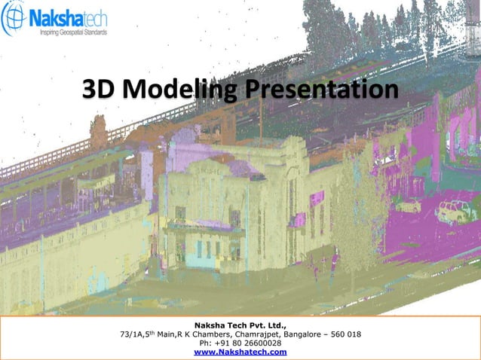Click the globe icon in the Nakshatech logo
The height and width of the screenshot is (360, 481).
coord(14,21)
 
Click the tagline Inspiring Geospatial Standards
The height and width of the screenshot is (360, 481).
coord(68,33)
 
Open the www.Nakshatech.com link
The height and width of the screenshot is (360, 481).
coord(240,352)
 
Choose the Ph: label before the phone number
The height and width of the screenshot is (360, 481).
coord(204,343)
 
